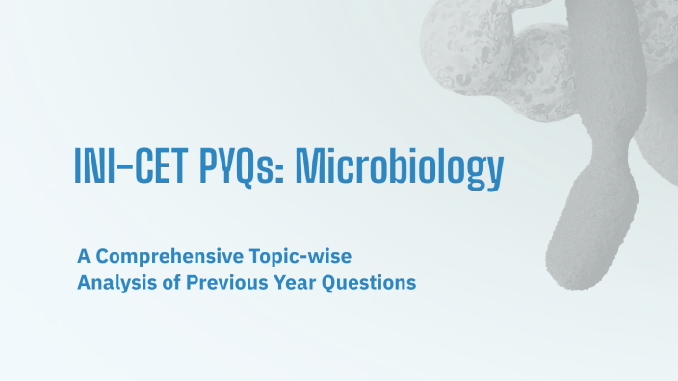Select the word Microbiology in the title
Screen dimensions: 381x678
(399, 167)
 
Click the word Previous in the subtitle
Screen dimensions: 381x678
(233, 283)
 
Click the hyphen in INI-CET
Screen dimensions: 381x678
(126, 169)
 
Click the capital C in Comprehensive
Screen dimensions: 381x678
(104, 257)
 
